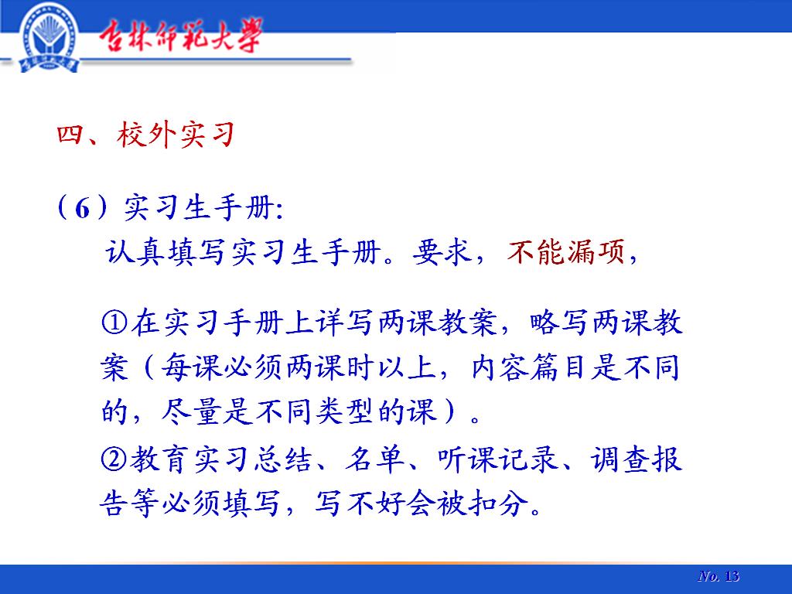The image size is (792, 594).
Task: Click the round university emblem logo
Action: tap(49, 37)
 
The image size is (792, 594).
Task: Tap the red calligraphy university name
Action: tap(180, 36)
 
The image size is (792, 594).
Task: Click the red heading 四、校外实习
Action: tap(146, 135)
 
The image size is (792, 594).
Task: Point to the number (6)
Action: tap(82, 207)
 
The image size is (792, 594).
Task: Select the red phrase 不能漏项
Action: tap(565, 251)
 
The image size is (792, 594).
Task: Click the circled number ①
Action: tap(114, 323)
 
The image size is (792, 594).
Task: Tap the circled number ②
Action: tap(114, 459)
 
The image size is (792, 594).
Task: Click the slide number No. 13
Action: tap(719, 576)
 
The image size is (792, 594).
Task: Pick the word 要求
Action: tap(442, 251)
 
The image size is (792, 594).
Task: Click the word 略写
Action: tap(558, 323)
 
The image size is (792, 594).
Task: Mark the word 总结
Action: tap(283, 459)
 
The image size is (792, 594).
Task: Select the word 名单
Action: tap(374, 459)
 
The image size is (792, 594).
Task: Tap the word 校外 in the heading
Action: tap(146, 135)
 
